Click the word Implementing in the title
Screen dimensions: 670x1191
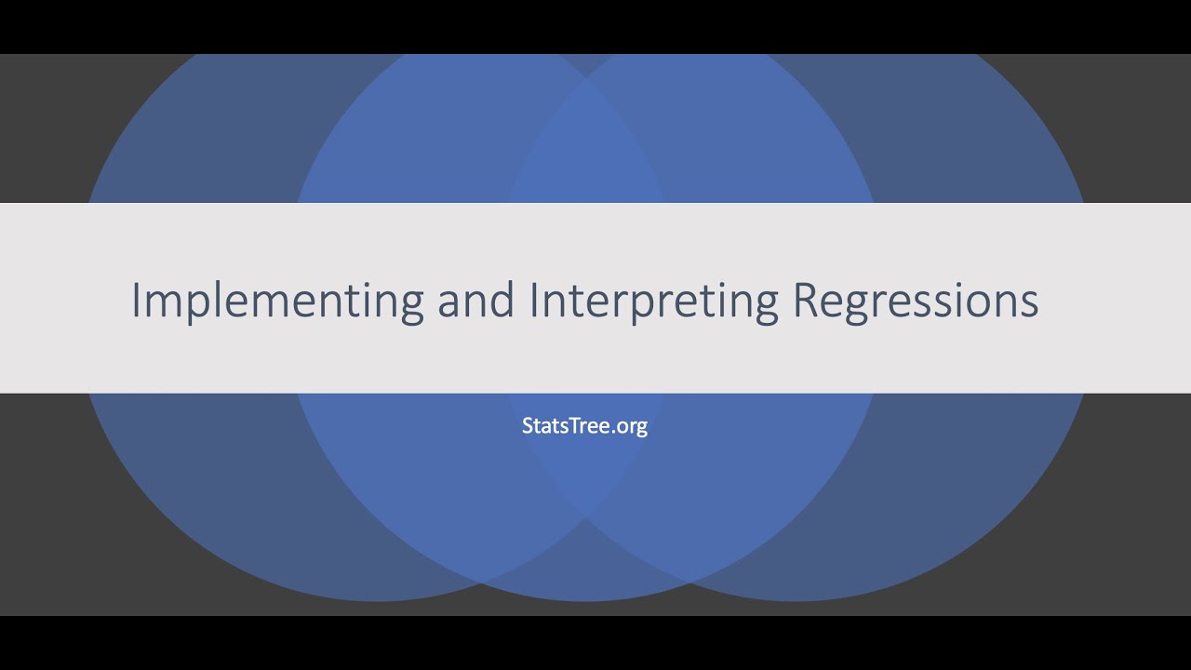coord(277,301)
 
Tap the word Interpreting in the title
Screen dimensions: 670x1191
coord(654,301)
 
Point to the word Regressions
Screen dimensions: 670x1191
coord(916,301)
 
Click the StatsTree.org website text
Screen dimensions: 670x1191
coord(584,426)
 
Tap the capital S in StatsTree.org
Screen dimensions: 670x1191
coord(528,426)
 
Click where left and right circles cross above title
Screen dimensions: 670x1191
coord(586,82)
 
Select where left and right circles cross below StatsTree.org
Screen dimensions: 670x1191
coord(586,514)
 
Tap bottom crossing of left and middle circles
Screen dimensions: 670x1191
coord(482,582)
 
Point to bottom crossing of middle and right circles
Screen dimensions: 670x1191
coord(690,582)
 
